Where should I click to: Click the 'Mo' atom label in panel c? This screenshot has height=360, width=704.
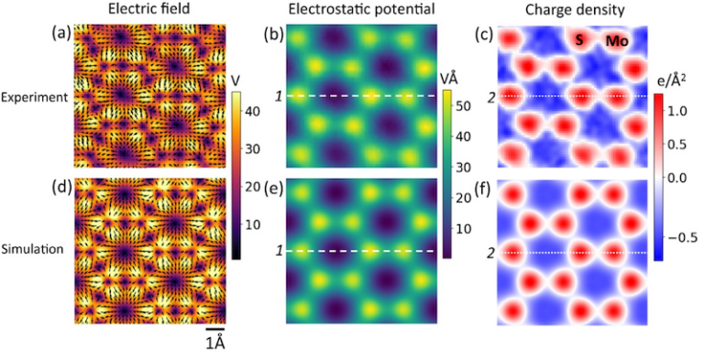tap(616, 41)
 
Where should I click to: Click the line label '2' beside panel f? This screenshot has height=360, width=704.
tap(491, 252)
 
